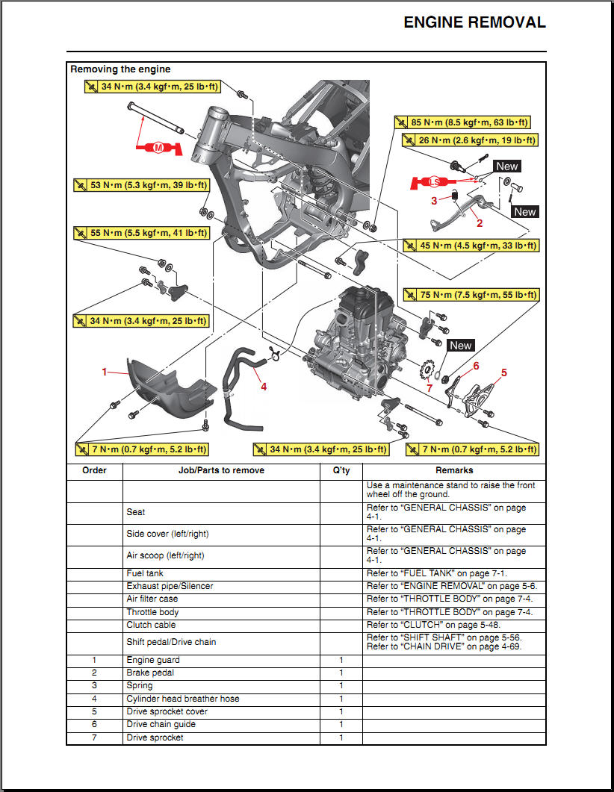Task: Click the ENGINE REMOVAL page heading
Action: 474,22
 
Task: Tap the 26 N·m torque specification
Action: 469,140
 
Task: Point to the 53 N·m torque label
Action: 141,185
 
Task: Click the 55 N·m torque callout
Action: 141,233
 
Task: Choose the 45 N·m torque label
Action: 469,245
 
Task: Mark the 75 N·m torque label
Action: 469,295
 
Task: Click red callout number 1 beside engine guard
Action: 105,371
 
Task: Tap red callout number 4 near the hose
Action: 263,386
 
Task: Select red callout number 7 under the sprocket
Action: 429,388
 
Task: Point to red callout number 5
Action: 503,372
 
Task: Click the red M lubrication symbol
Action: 158,148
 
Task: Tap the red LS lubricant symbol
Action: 433,182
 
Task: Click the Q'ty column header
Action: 341,470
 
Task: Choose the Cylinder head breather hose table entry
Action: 182,699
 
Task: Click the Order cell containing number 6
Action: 94,724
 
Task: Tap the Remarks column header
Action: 454,470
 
